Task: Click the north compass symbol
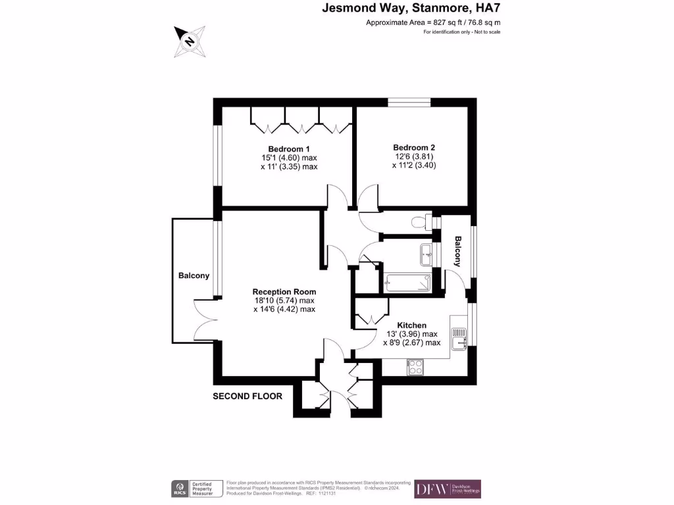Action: [189, 41]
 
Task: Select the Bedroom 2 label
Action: [414, 148]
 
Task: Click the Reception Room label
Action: [284, 291]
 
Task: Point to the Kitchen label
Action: [411, 325]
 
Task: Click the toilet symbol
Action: [420, 222]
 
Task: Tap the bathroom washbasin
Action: [427, 252]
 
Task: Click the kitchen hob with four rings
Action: [415, 367]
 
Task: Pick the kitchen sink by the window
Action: [459, 340]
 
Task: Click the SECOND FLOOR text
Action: [247, 397]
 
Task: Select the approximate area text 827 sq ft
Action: [438, 22]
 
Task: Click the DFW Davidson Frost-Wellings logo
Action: [448, 489]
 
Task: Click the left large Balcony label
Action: [194, 276]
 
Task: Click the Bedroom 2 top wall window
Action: [409, 102]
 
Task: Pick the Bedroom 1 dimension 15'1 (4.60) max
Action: [289, 158]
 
